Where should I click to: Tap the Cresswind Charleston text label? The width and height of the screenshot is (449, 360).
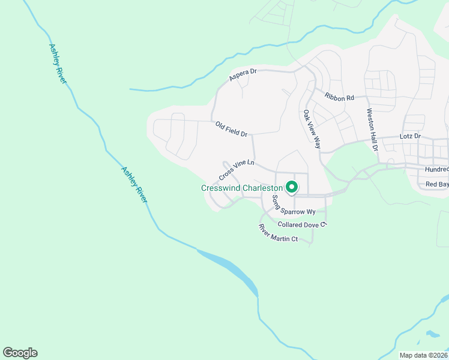coord(242,188)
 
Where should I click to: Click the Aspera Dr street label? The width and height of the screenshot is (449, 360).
coord(243,76)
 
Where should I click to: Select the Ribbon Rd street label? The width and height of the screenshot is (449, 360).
coord(340,97)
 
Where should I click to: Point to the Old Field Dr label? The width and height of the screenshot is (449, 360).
coord(231,129)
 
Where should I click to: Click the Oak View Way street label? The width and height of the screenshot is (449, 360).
coord(312,129)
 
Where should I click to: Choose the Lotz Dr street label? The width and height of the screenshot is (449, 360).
coord(411,136)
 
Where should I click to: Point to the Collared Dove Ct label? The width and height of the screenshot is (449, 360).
coord(302,224)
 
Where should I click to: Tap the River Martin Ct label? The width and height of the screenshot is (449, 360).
coord(278,233)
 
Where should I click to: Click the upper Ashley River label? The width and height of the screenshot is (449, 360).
coord(57,63)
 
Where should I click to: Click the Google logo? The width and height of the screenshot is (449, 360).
coord(20,353)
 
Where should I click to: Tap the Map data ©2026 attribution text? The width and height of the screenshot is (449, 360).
coord(423,355)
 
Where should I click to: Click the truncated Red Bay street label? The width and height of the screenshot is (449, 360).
coord(436,184)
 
